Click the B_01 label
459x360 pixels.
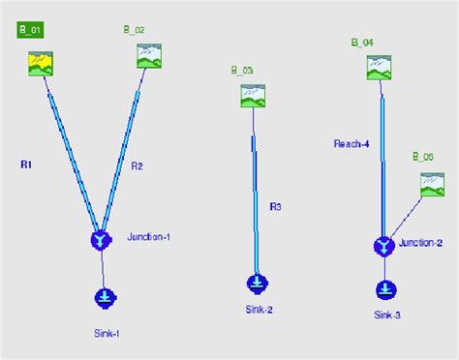click(x=30, y=30)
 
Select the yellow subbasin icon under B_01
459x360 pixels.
click(x=40, y=63)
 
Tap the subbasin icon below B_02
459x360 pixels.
click(x=148, y=56)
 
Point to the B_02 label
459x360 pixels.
click(x=134, y=30)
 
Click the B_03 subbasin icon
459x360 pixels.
click(x=253, y=96)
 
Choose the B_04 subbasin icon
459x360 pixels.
click(x=379, y=67)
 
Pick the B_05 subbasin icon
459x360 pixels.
click(x=432, y=184)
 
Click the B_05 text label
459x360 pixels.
click(x=422, y=156)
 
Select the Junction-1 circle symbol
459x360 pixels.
click(x=101, y=239)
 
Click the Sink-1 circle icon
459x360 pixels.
click(x=105, y=298)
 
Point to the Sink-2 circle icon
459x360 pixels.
click(x=257, y=284)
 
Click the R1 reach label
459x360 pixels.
click(x=26, y=165)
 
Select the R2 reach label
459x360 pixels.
click(x=137, y=166)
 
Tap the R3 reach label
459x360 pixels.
click(x=275, y=206)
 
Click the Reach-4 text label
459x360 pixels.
click(x=352, y=144)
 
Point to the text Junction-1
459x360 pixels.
click(x=148, y=237)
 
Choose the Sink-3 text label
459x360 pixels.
click(x=387, y=315)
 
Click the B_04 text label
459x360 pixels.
click(x=362, y=43)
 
